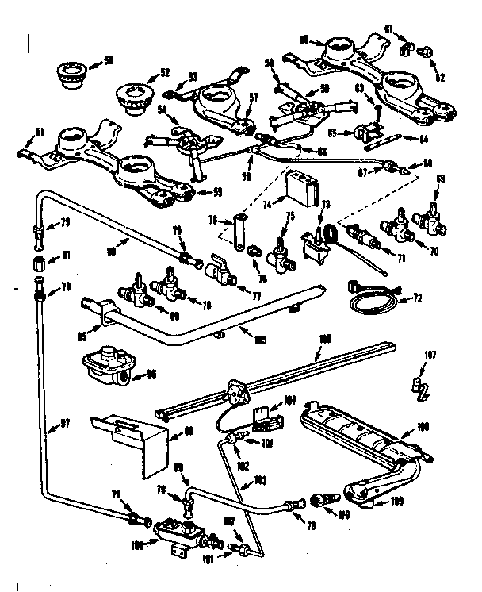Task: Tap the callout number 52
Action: point(166,73)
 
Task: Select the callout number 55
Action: point(208,191)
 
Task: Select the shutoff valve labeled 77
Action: point(221,274)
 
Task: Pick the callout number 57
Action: point(254,98)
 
